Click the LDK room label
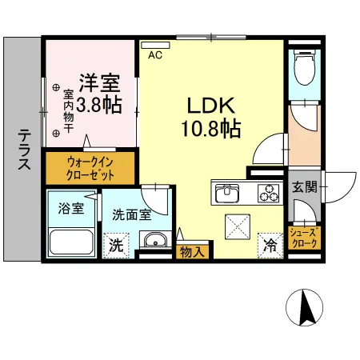point(211,105)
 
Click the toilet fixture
point(303,68)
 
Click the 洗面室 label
point(130,214)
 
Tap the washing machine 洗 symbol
point(117,246)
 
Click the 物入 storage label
point(191,251)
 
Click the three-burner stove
point(267,193)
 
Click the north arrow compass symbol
point(304,307)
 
